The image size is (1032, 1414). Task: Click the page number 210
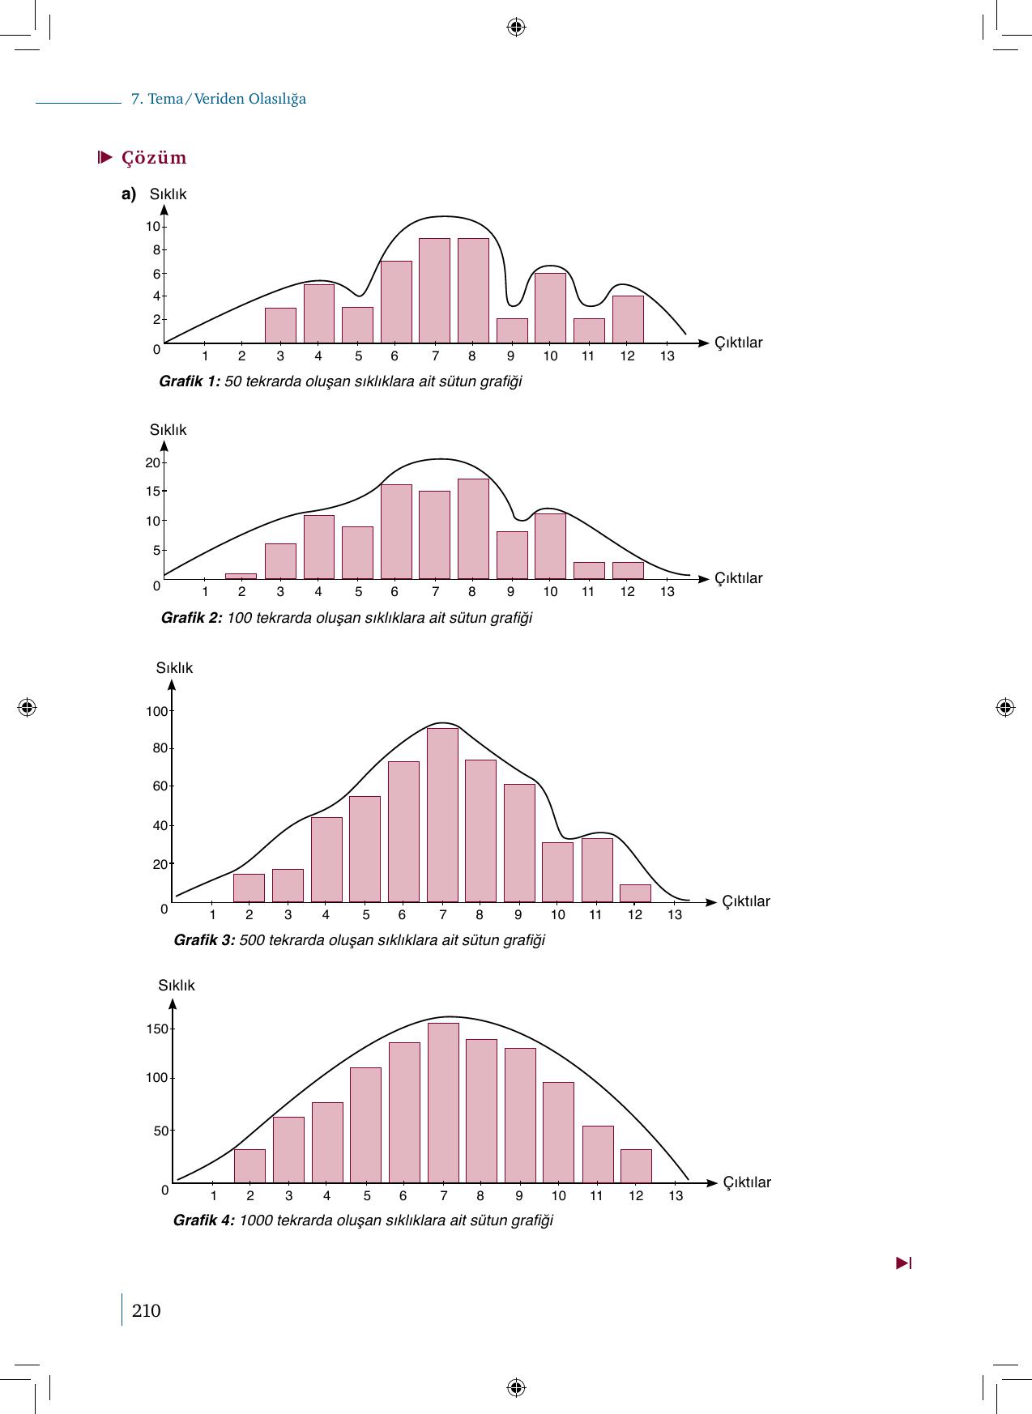(x=146, y=1310)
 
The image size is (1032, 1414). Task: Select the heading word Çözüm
(x=154, y=158)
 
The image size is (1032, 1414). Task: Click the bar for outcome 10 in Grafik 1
(x=550, y=309)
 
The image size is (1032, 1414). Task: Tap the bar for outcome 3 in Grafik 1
(x=280, y=326)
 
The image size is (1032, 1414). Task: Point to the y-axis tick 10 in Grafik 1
(x=153, y=227)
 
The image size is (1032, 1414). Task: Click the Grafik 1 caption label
(x=190, y=381)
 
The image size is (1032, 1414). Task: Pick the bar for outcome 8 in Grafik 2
(x=473, y=529)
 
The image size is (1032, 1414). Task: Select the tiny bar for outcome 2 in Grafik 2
(x=241, y=576)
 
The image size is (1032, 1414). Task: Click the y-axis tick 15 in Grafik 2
(x=153, y=492)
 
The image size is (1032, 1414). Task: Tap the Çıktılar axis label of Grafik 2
(x=738, y=578)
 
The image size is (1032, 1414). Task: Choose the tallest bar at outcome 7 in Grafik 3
(x=442, y=815)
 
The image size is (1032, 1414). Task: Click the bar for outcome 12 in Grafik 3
(x=635, y=893)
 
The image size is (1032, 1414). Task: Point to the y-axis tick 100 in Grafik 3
(x=156, y=712)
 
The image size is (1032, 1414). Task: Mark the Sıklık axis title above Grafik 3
(x=174, y=668)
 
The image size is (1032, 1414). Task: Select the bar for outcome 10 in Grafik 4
(x=558, y=1132)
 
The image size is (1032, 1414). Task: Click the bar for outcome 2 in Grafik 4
(x=249, y=1166)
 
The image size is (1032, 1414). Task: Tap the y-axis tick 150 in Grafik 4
(x=157, y=1029)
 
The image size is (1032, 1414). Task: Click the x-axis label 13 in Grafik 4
(x=676, y=1196)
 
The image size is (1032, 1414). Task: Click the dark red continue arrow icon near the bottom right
(x=904, y=1263)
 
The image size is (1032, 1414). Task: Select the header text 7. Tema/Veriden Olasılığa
(x=219, y=100)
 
